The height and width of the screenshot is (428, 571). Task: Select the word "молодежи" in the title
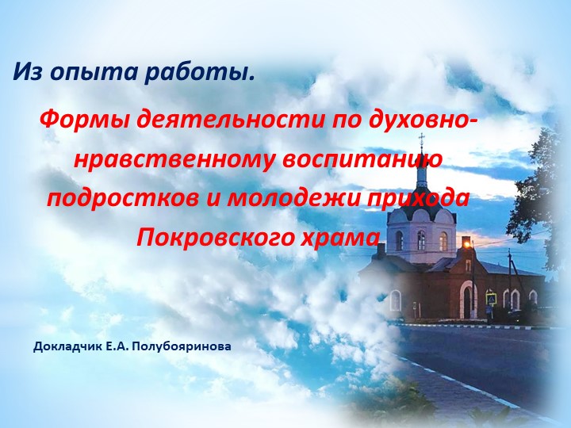pyautogui.click(x=298, y=197)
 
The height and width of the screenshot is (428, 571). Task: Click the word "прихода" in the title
pyautogui.click(x=424, y=197)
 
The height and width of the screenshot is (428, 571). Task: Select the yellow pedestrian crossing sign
pyautogui.click(x=492, y=300)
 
